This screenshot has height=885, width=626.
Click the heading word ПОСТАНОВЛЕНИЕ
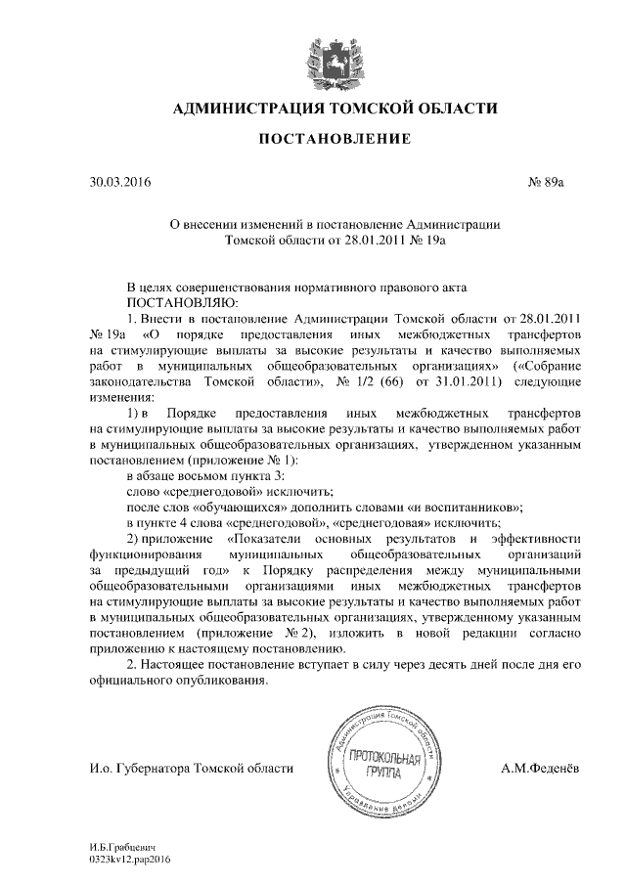[x=334, y=141]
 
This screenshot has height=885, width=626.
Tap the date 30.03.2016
[x=115, y=182]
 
